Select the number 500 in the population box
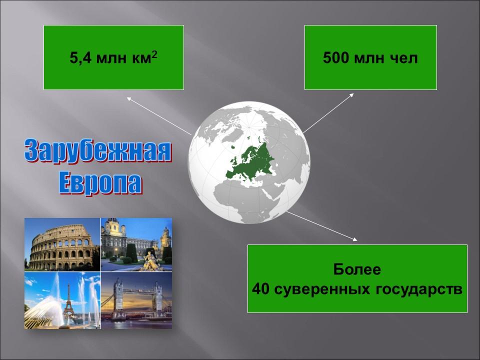tap(335, 58)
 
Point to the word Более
tap(357, 270)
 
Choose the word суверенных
tap(320, 289)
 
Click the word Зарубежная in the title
tap(98, 151)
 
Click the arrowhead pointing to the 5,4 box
tap(129, 99)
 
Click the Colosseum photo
tap(62, 244)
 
